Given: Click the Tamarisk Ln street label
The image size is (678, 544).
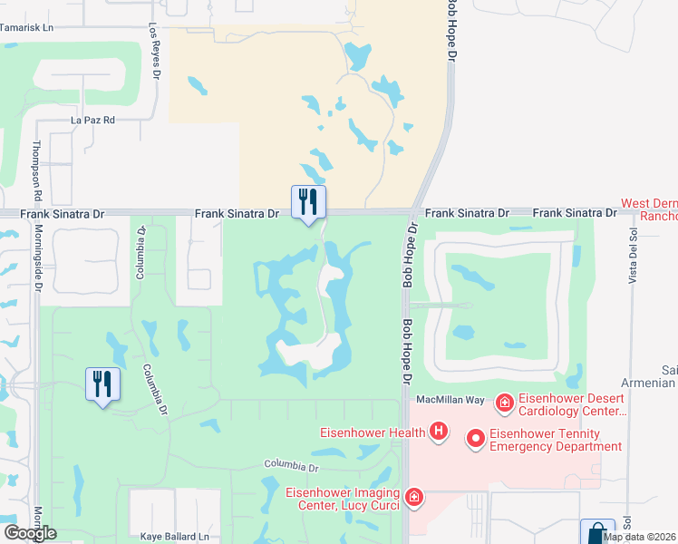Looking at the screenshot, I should tap(27, 28).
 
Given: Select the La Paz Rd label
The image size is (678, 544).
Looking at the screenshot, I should tap(93, 120).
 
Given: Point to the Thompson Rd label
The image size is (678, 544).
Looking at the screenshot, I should tap(38, 170).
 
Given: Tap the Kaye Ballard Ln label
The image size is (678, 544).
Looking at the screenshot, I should tap(175, 537).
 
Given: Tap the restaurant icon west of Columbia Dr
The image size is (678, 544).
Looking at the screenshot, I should tap(102, 383).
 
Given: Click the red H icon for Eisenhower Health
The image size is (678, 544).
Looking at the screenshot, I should tap(439, 432).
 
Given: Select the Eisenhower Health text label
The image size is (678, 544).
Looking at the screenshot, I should tap(372, 432).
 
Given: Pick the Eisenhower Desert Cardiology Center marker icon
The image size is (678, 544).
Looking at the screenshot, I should tap(504, 401).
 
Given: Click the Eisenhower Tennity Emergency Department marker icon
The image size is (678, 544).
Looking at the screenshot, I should tap(475, 439).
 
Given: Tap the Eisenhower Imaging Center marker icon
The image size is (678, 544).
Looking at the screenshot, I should tap(413, 497).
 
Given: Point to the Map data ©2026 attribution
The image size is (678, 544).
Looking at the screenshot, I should tap(639, 537).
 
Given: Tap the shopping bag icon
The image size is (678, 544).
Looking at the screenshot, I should tap(597, 532).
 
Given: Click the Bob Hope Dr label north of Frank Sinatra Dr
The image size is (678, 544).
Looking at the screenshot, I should tap(449, 32).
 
